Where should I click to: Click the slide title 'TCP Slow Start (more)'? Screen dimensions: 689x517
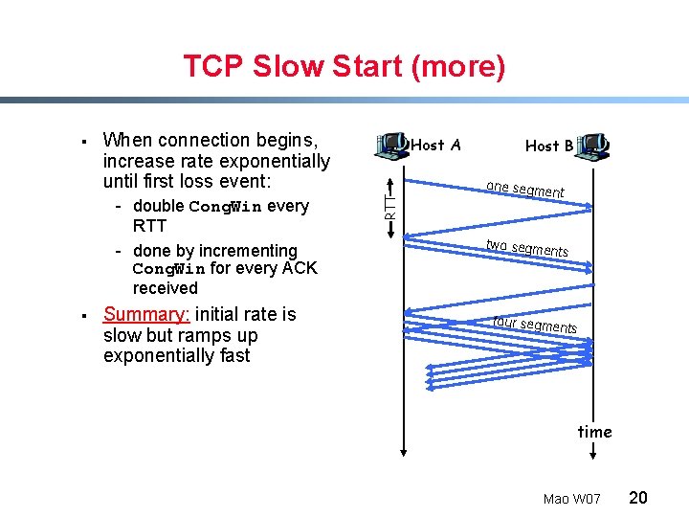coord(344,67)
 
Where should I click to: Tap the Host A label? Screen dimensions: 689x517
coord(435,146)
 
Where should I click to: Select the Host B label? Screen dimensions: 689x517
coord(549,146)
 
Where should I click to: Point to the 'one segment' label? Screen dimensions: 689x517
coord(524,190)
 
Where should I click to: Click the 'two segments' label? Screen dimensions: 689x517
coord(526,248)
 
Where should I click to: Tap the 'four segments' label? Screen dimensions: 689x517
coord(534,325)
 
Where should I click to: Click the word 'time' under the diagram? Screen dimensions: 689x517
coord(594,432)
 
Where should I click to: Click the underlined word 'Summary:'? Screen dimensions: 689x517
coord(146,315)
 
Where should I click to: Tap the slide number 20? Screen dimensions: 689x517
coord(638,498)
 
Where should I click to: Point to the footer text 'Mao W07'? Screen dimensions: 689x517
coord(571,499)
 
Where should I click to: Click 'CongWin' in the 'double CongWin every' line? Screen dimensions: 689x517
coord(226,207)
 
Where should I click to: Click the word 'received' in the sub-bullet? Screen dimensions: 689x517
coord(166,288)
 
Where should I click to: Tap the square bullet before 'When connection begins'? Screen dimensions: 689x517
coord(86,142)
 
